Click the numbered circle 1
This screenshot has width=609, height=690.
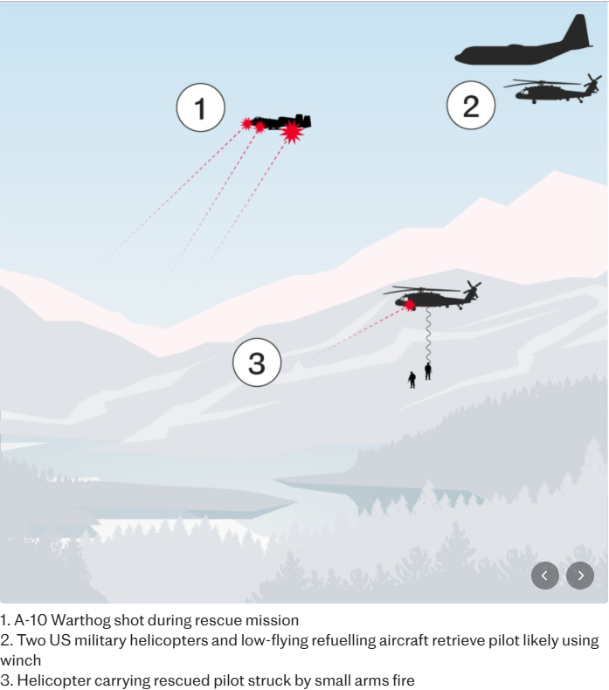pos(200,107)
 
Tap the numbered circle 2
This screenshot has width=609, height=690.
pos(471,105)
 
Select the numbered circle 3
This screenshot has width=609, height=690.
pos(257,362)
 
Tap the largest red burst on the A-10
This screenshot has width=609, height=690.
pos(292,132)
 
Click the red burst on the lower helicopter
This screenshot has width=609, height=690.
pos(410,305)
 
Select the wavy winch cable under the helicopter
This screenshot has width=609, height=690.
pos(427,335)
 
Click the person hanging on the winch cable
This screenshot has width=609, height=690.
pos(428,371)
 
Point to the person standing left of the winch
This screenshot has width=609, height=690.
pos(412,380)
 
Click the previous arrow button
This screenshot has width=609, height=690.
pos(545,576)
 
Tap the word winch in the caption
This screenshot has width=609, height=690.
pos(21,660)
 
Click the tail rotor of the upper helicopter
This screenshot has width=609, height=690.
pos(592,83)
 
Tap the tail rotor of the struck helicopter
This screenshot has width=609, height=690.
pos(473,290)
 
